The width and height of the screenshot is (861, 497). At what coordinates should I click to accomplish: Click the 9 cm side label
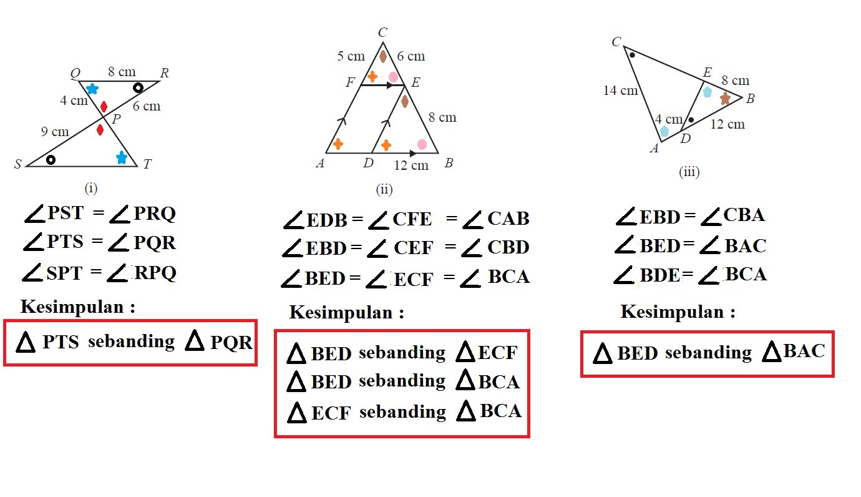55,132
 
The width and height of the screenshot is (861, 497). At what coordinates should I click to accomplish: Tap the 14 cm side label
620,91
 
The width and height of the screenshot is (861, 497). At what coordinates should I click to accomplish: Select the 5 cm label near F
351,56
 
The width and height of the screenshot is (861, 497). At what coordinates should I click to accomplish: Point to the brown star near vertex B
725,99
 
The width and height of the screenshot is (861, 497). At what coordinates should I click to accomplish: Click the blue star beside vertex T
122,157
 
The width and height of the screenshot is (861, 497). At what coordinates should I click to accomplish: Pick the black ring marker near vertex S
51,159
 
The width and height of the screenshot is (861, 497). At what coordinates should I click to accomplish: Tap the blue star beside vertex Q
92,89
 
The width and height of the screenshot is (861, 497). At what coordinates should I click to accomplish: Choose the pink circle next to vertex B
422,144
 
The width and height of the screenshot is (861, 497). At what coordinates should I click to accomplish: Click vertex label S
17,165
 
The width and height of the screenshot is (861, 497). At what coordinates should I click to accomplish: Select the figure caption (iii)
689,172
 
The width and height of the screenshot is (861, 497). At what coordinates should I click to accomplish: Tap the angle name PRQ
154,214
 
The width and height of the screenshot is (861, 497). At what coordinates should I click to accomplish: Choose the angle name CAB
508,219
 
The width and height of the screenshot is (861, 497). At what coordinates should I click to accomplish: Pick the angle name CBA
744,215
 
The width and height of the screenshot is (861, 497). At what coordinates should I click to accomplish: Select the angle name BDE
659,275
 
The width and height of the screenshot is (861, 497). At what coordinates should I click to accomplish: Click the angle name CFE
412,219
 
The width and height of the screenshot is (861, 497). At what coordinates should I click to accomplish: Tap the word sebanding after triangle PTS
131,342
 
